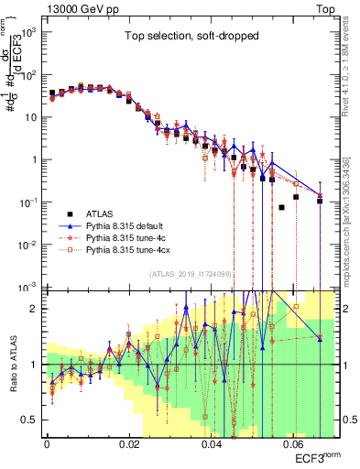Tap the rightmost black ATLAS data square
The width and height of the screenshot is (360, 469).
[320, 201]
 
